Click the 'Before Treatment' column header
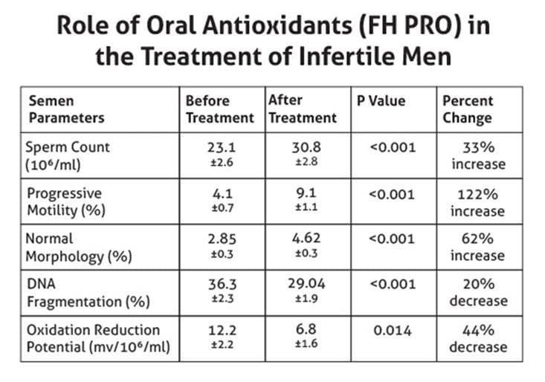tap(219, 109)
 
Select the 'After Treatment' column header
tap(302, 109)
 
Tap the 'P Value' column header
tap(380, 101)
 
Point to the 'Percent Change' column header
tap(468, 109)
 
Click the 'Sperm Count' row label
tap(68, 155)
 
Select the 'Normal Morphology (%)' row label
tap(74, 247)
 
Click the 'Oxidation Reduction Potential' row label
tap(93, 338)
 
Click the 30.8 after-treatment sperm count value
tap(305, 147)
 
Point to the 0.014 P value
tap(393, 331)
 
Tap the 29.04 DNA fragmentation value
tap(305, 285)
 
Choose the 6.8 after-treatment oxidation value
tap(305, 331)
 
